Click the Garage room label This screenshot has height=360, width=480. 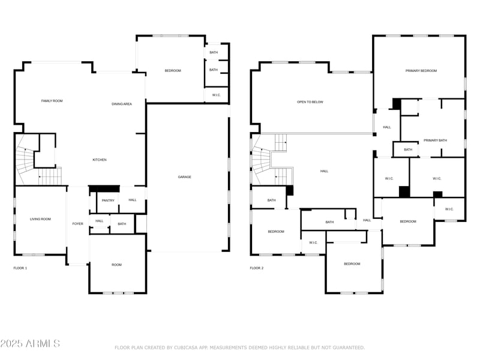[184, 177]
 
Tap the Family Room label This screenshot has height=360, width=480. [52, 101]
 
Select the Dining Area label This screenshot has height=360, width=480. [122, 104]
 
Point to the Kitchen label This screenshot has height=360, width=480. [99, 160]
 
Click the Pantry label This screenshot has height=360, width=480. [108, 200]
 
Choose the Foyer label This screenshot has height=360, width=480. [78, 224]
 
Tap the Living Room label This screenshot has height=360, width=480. [40, 219]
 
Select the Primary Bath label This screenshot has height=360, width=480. [435, 140]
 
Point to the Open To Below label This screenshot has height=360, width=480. [310, 102]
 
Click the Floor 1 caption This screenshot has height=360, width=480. [20, 268]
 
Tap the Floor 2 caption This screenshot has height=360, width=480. [256, 268]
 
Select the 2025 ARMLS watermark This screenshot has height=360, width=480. [30, 344]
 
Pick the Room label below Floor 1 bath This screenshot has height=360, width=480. [116, 265]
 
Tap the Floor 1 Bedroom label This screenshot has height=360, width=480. [173, 71]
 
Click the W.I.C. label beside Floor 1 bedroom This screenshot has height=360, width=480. [216, 95]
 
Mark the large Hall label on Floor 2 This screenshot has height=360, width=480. [324, 171]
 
